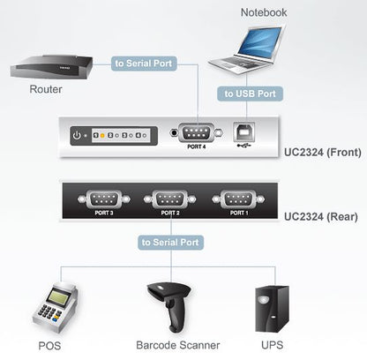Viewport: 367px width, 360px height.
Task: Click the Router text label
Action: click(45, 89)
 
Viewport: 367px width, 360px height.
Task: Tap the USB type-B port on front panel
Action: click(244, 132)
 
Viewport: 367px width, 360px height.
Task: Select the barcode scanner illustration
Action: click(169, 304)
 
